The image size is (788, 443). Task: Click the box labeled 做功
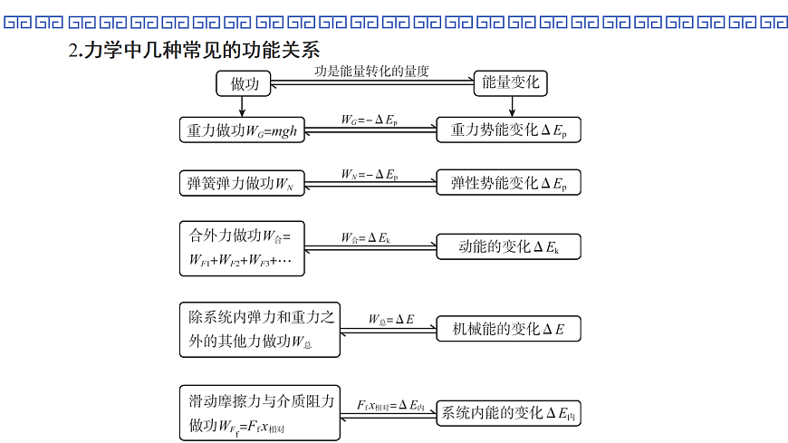(x=245, y=84)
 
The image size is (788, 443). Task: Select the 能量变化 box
(x=511, y=84)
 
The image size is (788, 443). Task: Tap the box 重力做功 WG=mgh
(x=242, y=130)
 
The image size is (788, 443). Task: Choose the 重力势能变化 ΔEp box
(x=508, y=130)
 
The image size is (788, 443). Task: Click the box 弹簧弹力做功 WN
(x=242, y=183)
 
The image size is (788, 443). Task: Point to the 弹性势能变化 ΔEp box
(x=508, y=183)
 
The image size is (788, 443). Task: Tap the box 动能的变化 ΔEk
(x=508, y=246)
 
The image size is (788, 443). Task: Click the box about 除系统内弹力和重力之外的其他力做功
(x=259, y=329)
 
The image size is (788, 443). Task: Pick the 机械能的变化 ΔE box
(x=508, y=330)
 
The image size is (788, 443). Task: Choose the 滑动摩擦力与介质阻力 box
(x=259, y=412)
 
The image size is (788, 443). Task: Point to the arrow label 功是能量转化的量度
(x=371, y=71)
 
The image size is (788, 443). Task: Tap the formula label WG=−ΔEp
(x=370, y=120)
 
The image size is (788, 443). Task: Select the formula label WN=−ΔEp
(x=370, y=173)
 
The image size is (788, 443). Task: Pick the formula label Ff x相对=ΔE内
(x=391, y=404)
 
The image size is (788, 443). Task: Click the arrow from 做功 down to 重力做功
(x=241, y=107)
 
